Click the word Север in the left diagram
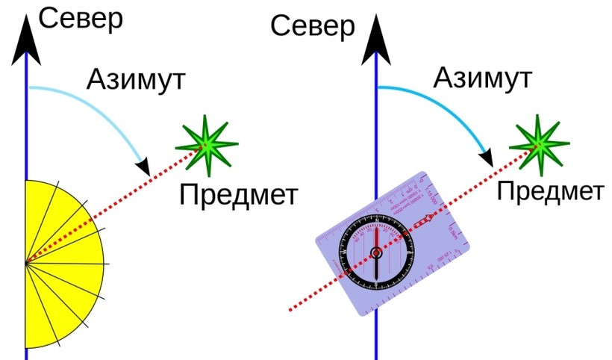click(x=80, y=19)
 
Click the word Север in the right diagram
click(x=312, y=27)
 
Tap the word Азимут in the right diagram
click(x=483, y=77)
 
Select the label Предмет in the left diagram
click(x=238, y=195)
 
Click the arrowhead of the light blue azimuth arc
click(x=142, y=164)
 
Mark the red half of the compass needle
click(x=377, y=238)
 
